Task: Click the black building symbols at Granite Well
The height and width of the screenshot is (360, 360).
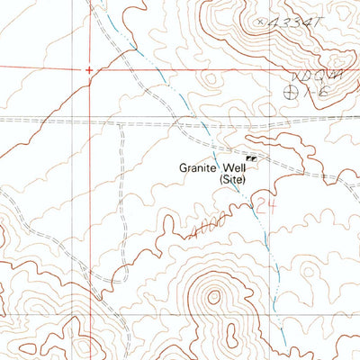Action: (x=251, y=157)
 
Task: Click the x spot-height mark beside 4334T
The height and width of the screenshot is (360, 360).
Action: (x=260, y=17)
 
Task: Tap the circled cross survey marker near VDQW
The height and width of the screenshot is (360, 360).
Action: (x=290, y=90)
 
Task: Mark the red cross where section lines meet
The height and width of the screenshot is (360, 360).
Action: (x=88, y=68)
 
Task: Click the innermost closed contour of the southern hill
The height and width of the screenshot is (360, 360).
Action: (x=213, y=294)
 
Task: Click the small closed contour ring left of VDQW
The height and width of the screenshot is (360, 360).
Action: (x=209, y=80)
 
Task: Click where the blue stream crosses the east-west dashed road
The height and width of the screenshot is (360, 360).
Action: (x=203, y=121)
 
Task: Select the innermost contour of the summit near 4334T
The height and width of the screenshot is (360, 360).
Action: (x=236, y=20)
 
